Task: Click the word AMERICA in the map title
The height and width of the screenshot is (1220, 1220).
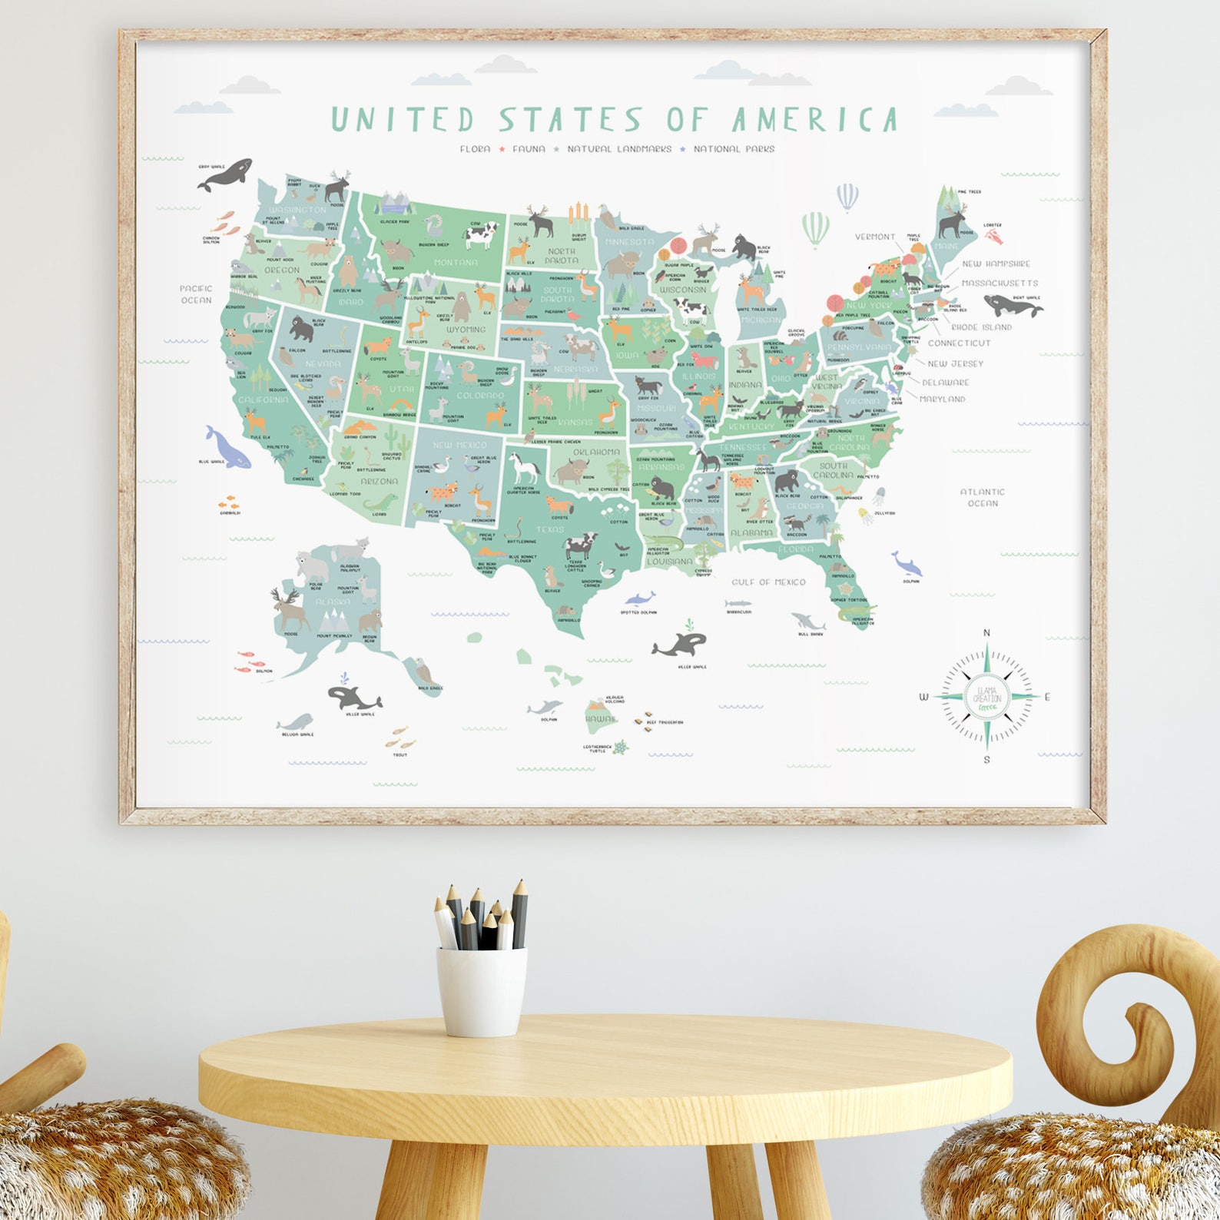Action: click(814, 120)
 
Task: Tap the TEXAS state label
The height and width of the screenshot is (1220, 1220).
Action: click(550, 529)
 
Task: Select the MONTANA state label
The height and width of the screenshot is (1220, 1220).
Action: click(456, 263)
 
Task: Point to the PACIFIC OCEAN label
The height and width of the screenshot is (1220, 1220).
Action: click(196, 294)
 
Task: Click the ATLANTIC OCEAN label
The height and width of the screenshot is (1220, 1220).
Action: click(983, 497)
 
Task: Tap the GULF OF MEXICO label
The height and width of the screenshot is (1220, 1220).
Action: click(768, 582)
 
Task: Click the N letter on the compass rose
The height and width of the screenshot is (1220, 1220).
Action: click(987, 633)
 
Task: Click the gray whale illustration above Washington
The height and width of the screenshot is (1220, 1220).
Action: click(225, 174)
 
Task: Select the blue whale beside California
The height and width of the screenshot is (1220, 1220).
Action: click(227, 447)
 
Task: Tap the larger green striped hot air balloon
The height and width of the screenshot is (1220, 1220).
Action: click(816, 229)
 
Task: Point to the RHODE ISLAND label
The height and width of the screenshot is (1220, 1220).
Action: click(981, 327)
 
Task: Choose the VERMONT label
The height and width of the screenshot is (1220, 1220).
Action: click(875, 237)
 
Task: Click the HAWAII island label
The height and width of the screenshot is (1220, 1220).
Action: click(600, 720)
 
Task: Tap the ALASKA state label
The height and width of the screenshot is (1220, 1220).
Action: click(333, 602)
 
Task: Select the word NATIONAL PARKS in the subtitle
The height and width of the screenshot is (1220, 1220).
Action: click(734, 149)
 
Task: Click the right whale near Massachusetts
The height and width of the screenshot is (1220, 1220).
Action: click(1013, 307)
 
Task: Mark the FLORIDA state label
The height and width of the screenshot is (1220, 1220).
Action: click(796, 549)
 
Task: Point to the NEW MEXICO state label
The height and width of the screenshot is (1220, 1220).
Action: click(459, 445)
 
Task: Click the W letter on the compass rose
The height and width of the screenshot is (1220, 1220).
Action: click(924, 698)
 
